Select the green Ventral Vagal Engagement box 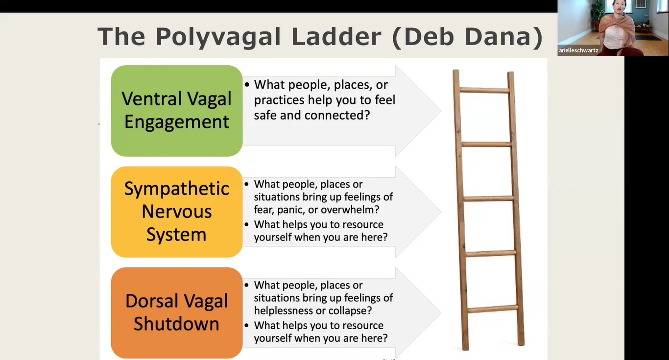[176, 111]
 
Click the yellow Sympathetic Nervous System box [176, 212]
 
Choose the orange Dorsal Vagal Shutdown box [176, 313]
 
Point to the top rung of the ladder [484, 90]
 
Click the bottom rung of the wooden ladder [493, 309]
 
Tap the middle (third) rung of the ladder [488, 199]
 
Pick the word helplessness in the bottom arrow [286, 311]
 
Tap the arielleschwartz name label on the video [578, 50]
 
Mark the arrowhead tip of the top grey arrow [441, 111]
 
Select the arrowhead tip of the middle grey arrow [441, 212]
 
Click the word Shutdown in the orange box [176, 324]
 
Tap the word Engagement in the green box [176, 122]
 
